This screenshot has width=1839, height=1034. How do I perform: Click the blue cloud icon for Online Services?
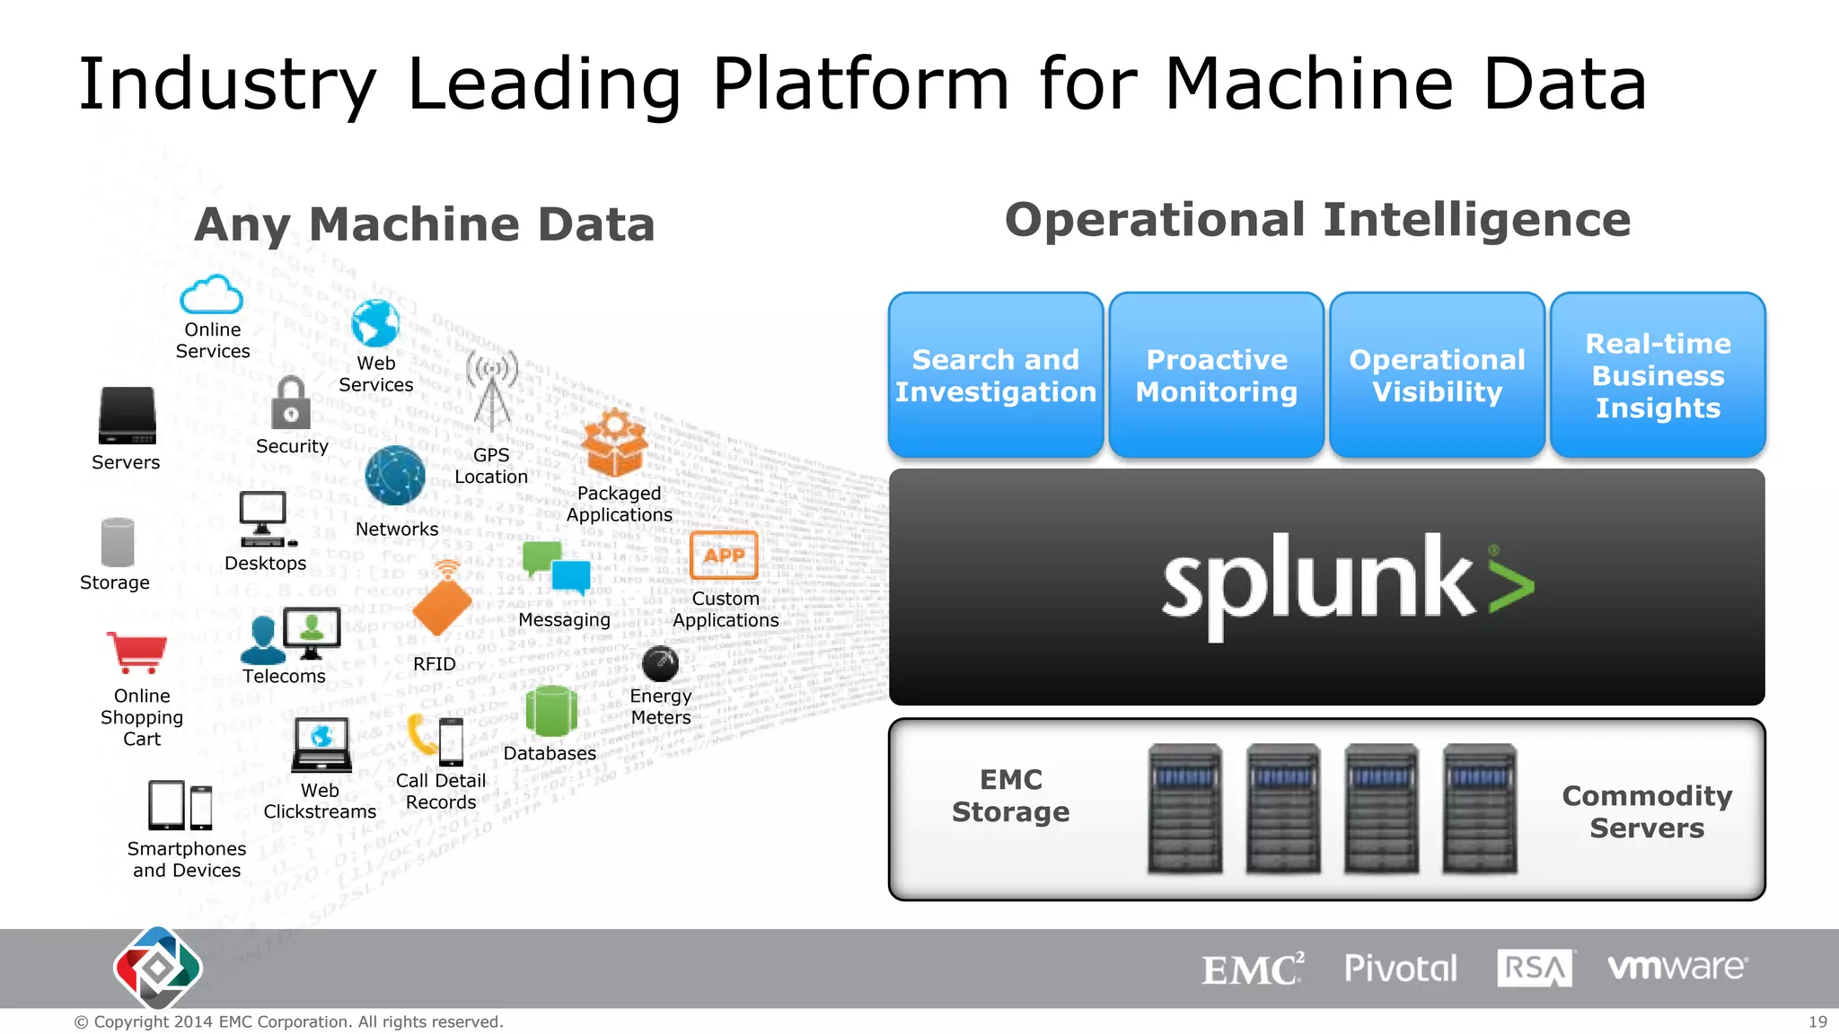click(x=211, y=294)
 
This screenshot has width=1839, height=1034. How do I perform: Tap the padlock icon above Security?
click(x=291, y=404)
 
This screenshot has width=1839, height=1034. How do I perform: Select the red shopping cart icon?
click(x=137, y=651)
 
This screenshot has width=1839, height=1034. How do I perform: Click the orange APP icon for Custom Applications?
click(x=724, y=556)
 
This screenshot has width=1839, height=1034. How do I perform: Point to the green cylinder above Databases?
click(x=550, y=712)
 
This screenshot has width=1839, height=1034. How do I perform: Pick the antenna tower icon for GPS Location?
click(x=492, y=391)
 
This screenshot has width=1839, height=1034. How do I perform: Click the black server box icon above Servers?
click(x=128, y=416)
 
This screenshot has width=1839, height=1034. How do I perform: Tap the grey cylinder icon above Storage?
click(x=118, y=542)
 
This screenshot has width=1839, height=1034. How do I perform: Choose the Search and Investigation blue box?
click(x=996, y=375)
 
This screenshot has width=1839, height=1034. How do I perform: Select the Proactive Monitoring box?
click(x=1217, y=375)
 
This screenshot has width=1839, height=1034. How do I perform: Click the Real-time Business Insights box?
click(x=1658, y=375)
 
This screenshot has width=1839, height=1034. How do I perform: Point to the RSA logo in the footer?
click(x=1535, y=968)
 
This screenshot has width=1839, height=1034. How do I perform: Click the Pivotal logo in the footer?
click(x=1401, y=968)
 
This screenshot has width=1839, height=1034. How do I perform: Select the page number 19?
click(x=1817, y=1021)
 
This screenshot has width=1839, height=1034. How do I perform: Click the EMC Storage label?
click(x=1011, y=795)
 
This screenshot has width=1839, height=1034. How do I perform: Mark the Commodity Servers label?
click(x=1647, y=811)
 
